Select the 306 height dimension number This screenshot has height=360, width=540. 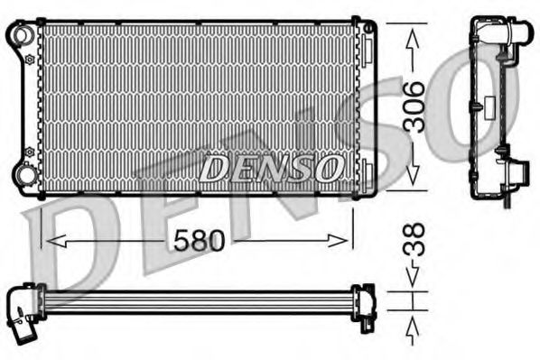point(414,107)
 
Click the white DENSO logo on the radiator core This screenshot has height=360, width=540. point(270,167)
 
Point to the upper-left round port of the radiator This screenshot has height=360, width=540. point(19,34)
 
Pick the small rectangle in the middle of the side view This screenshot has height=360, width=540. point(473,107)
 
